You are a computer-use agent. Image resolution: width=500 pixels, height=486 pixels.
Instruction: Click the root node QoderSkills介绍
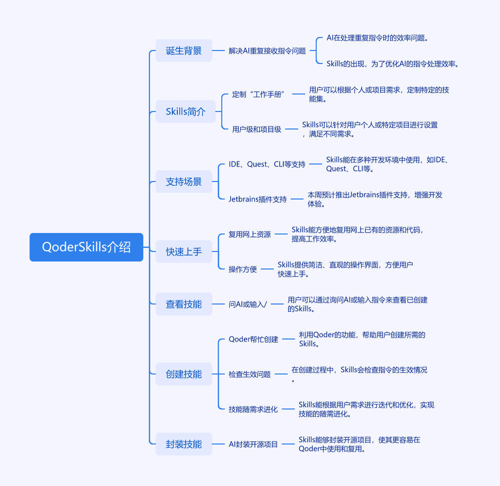pyautogui.click(x=86, y=247)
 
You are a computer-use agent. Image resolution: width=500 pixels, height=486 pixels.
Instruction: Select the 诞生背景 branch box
pyautogui.click(x=184, y=50)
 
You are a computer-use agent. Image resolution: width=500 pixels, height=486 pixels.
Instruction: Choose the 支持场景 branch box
pyautogui.click(x=184, y=181)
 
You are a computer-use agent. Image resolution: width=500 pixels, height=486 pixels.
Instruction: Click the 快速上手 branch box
pyautogui.click(x=184, y=251)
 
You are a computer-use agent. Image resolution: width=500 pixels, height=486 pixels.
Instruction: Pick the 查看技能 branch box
pyautogui.click(x=184, y=304)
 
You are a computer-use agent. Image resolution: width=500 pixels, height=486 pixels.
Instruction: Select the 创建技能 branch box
pyautogui.click(x=184, y=374)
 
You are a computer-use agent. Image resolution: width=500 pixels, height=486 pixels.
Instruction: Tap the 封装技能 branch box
pyautogui.click(x=184, y=444)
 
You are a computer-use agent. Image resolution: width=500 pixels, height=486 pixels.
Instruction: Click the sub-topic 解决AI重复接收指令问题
pyautogui.click(x=267, y=50)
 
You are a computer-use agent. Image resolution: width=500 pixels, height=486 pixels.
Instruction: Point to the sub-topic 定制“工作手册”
pyautogui.click(x=258, y=94)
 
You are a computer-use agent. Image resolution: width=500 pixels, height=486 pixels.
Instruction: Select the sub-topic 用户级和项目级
pyautogui.click(x=257, y=129)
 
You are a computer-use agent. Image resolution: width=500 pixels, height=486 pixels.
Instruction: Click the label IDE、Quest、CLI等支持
pyautogui.click(x=267, y=164)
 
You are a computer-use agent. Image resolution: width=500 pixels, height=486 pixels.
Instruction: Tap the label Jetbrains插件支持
pyautogui.click(x=258, y=199)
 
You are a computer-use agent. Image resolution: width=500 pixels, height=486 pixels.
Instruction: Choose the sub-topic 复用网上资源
pyautogui.click(x=250, y=234)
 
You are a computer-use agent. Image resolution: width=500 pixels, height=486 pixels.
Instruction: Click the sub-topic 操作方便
pyautogui.click(x=243, y=269)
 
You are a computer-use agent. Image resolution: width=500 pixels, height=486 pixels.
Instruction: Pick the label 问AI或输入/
pyautogui.click(x=248, y=304)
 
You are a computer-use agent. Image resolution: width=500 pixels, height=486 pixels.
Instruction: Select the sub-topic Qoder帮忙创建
pyautogui.click(x=253, y=339)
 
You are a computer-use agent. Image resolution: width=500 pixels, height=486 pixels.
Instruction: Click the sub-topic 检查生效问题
pyautogui.click(x=250, y=374)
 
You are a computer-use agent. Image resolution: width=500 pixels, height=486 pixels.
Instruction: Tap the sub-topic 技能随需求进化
pyautogui.click(x=253, y=409)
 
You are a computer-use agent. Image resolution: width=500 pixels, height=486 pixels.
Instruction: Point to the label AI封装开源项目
pyautogui.click(x=253, y=444)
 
